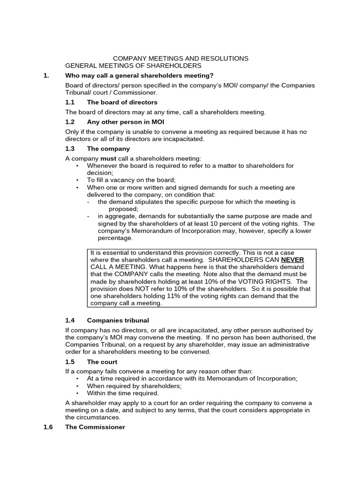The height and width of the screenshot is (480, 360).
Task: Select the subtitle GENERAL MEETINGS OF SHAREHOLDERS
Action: (x=133, y=66)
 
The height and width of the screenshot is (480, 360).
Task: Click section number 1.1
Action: (x=70, y=102)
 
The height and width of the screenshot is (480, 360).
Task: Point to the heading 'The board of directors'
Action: (x=122, y=102)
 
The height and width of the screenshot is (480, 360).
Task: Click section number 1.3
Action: (x=70, y=149)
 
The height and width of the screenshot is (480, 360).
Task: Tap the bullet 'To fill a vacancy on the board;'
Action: (x=131, y=180)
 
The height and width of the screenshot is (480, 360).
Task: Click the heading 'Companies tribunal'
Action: (x=118, y=320)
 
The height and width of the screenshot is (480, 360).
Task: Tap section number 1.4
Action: (x=70, y=320)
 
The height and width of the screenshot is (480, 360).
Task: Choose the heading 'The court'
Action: (x=102, y=362)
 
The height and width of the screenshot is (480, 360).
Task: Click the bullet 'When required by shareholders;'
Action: (x=134, y=386)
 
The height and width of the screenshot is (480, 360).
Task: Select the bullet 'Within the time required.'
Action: (x=123, y=393)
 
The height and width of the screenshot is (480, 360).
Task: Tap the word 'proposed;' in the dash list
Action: (x=123, y=209)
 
